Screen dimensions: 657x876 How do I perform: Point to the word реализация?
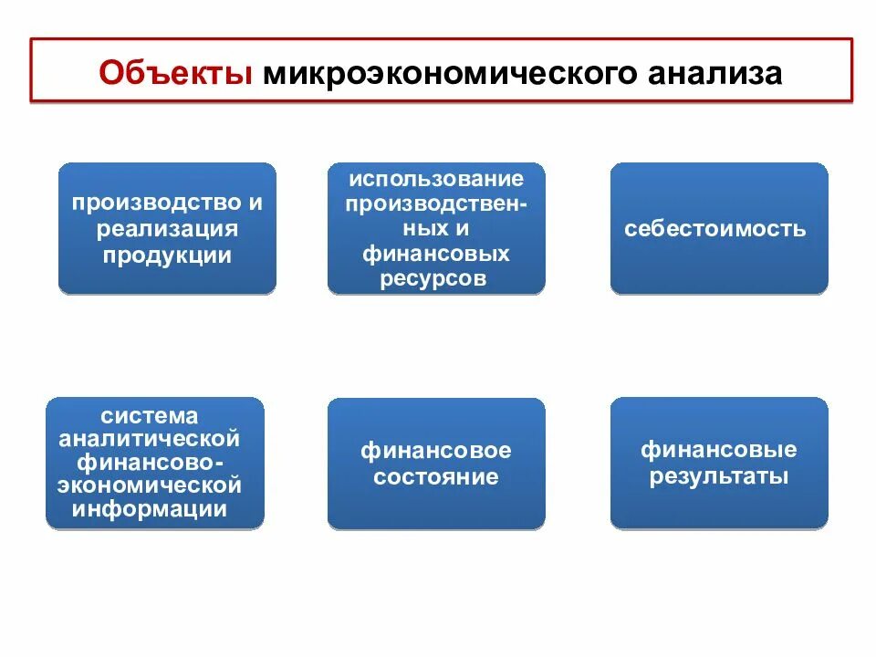point(167,228)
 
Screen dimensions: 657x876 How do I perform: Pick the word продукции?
point(167,255)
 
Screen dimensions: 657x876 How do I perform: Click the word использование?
point(436,178)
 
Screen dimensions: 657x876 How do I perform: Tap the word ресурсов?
point(436,279)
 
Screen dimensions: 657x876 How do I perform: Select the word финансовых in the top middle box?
point(436,254)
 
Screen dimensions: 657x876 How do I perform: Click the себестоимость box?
point(718,228)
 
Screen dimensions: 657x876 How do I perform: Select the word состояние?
point(436,476)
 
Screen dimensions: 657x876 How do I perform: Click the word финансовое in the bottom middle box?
point(436,451)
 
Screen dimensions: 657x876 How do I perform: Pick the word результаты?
point(718,476)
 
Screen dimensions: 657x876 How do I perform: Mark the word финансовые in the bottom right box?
point(718,450)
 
